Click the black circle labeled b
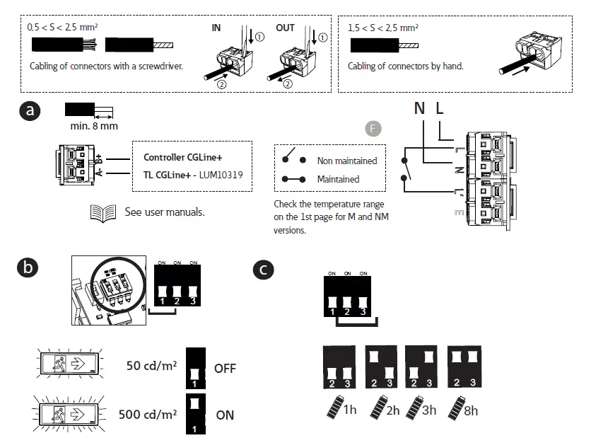click(28, 268)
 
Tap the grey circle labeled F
click(373, 128)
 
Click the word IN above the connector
click(216, 28)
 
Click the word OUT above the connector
click(285, 28)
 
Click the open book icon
click(103, 212)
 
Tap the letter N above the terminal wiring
click(419, 109)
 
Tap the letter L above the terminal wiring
click(440, 109)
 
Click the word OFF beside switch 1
click(225, 369)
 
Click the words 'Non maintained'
click(347, 161)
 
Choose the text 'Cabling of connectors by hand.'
click(405, 67)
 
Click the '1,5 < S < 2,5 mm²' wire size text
click(383, 28)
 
